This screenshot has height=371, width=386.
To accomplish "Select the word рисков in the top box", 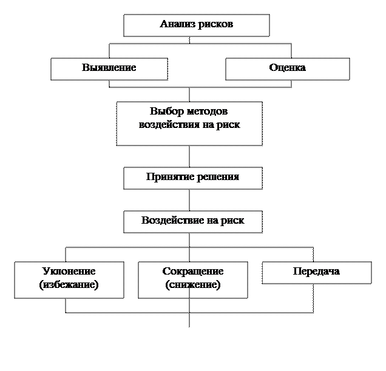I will (215, 25).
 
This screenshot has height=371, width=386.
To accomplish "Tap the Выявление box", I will (109, 68).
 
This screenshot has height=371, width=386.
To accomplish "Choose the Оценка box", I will (287, 68).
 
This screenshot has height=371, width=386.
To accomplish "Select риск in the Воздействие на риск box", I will (232, 221).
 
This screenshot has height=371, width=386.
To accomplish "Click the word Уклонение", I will (69, 272).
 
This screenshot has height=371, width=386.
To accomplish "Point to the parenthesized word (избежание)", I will (69, 284).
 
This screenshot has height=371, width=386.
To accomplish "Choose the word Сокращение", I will (192, 272).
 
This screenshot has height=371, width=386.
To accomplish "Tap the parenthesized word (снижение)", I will (192, 284).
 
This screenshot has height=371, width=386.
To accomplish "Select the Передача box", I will (316, 272).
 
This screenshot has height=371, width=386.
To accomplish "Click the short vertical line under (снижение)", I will (189, 293).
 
